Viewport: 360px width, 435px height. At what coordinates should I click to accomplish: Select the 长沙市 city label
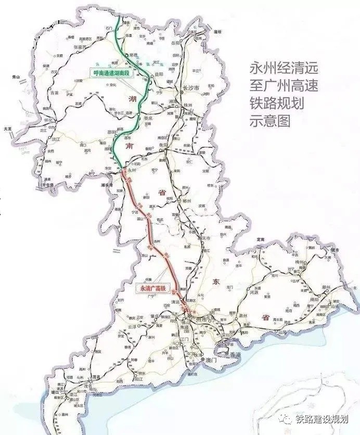pos(192,88)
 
